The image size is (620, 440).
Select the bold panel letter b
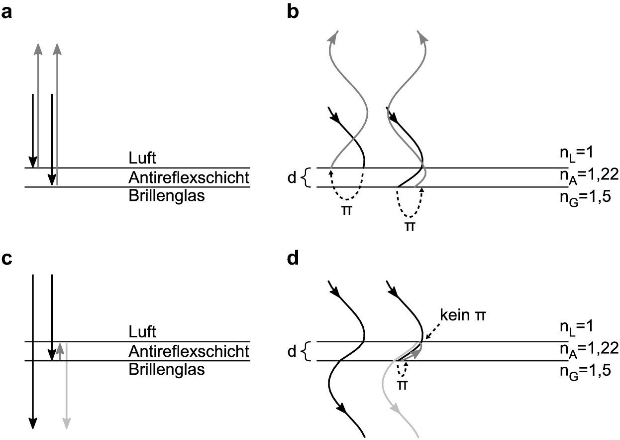click(x=294, y=12)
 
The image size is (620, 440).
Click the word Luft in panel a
click(x=142, y=159)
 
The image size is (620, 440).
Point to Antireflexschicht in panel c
click(x=189, y=351)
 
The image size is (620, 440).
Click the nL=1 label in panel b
click(x=575, y=153)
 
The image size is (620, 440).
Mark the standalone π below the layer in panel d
click(x=403, y=385)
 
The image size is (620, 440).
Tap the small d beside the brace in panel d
click(x=292, y=351)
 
